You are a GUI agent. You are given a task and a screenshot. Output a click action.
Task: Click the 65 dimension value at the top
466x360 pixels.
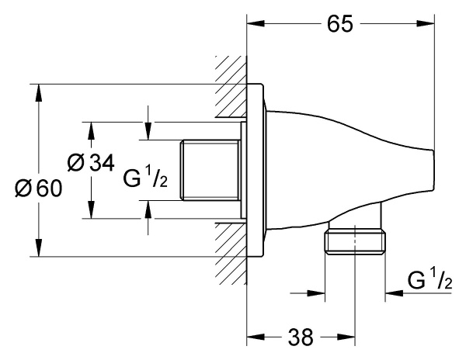339,23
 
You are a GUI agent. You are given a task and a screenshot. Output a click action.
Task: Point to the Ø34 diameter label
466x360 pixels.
90,163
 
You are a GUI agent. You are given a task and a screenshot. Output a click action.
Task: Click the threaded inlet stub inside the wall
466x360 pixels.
209,169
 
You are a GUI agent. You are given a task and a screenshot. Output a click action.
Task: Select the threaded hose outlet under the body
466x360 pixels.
355,241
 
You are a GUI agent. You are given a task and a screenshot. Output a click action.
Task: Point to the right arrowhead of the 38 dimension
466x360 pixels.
348,337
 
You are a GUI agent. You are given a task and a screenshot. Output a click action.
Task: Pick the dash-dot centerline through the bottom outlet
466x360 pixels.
356,279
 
